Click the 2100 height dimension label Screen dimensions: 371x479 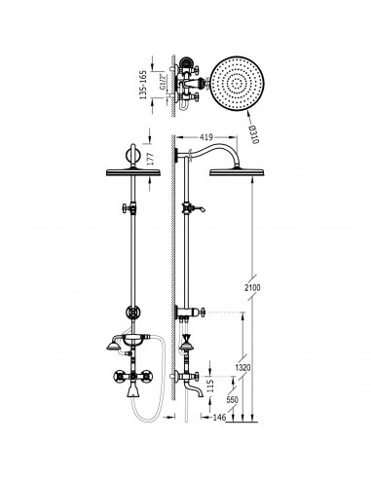252,287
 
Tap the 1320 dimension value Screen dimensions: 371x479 242,368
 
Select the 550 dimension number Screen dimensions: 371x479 233,400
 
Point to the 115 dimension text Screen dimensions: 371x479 210,387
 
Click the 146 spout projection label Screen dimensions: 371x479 219,418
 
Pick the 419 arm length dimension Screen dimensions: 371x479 206,137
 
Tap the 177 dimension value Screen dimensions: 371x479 150,160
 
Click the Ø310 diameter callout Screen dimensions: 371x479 254,134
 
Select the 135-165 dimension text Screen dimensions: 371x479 143,85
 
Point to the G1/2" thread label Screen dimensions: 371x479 163,82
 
